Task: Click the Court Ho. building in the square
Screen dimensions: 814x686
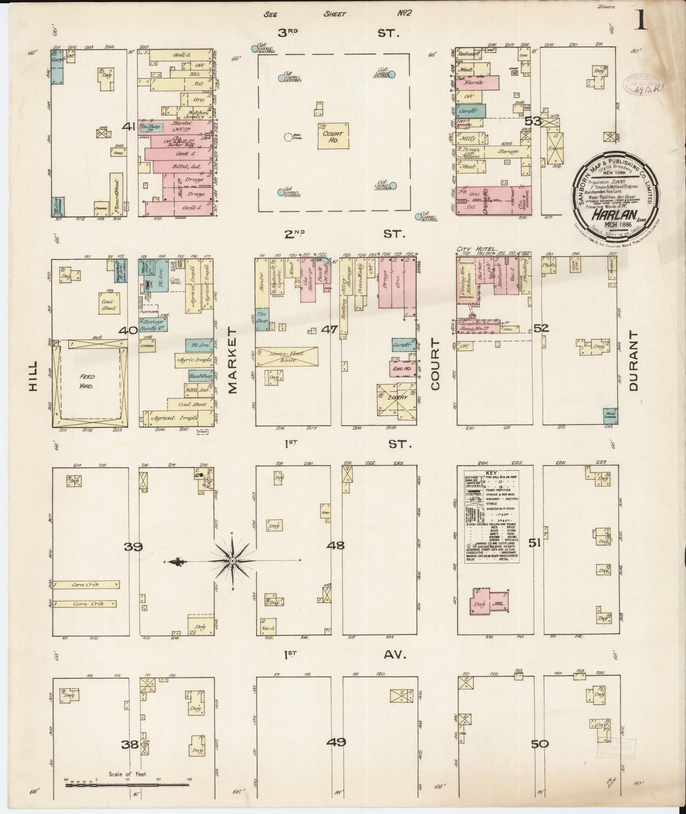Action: point(332,136)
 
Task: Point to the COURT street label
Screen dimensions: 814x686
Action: point(435,364)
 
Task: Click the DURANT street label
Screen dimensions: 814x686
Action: point(634,361)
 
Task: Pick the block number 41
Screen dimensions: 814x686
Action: point(129,127)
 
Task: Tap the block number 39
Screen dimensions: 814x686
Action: point(133,547)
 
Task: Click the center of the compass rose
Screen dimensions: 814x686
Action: point(232,561)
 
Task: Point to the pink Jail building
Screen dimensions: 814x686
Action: point(498,602)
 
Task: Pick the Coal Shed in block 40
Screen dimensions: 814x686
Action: point(109,304)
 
